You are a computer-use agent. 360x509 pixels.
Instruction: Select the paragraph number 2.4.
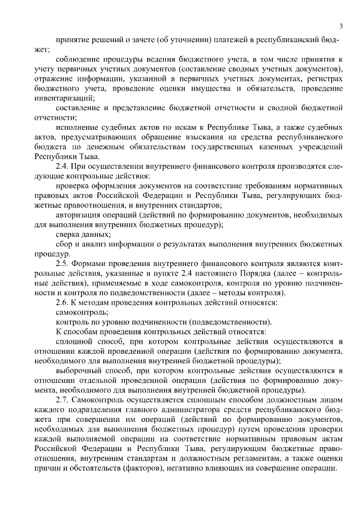(63, 166)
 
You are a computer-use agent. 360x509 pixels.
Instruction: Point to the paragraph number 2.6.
(63, 301)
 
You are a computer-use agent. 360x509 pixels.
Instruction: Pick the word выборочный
(80, 370)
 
